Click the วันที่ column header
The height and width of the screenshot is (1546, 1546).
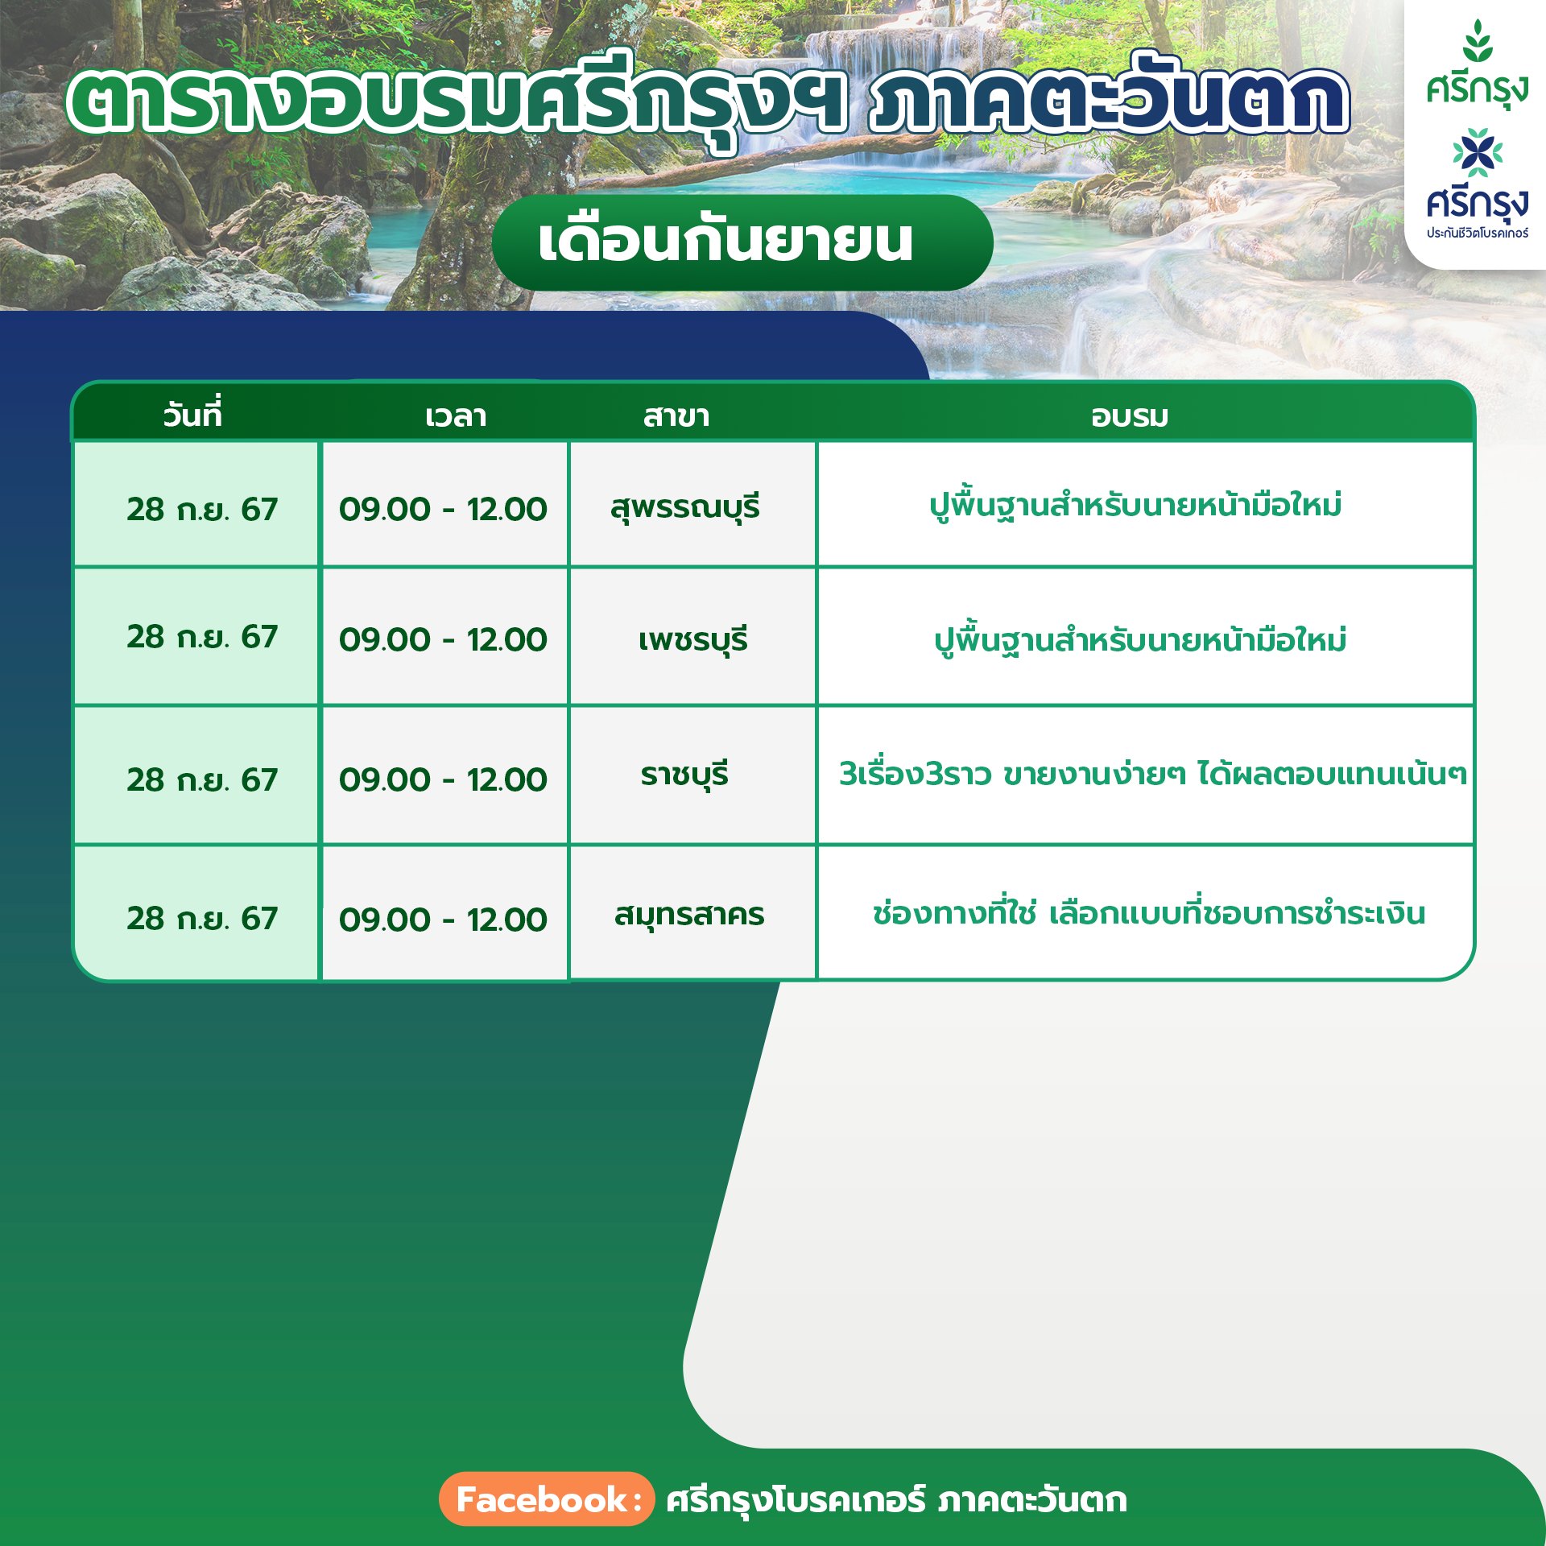[192, 415]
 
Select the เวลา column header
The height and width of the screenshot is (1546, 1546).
[456, 416]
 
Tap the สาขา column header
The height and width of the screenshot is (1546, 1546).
[676, 416]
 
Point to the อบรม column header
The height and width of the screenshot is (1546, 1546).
[1130, 416]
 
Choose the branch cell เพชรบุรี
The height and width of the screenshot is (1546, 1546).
[693, 640]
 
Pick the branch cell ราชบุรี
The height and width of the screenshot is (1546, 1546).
[684, 775]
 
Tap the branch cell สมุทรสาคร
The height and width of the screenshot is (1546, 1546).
[689, 915]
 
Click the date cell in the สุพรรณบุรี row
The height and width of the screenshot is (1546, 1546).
[202, 509]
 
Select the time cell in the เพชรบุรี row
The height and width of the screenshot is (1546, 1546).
[443, 639]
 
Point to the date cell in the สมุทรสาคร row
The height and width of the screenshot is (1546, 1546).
[202, 918]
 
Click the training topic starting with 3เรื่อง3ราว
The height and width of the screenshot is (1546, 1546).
[1152, 774]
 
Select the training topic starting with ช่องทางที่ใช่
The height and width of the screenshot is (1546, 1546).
[1149, 913]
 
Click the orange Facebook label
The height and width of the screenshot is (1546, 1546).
[547, 1499]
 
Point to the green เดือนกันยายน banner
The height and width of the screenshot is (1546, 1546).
[742, 242]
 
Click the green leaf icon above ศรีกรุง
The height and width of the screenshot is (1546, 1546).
[1478, 41]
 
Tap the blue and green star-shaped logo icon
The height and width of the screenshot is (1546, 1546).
[1478, 152]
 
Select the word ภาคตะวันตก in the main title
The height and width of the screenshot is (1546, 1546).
[1109, 101]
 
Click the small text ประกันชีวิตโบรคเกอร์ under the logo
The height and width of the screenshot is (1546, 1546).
[1478, 233]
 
